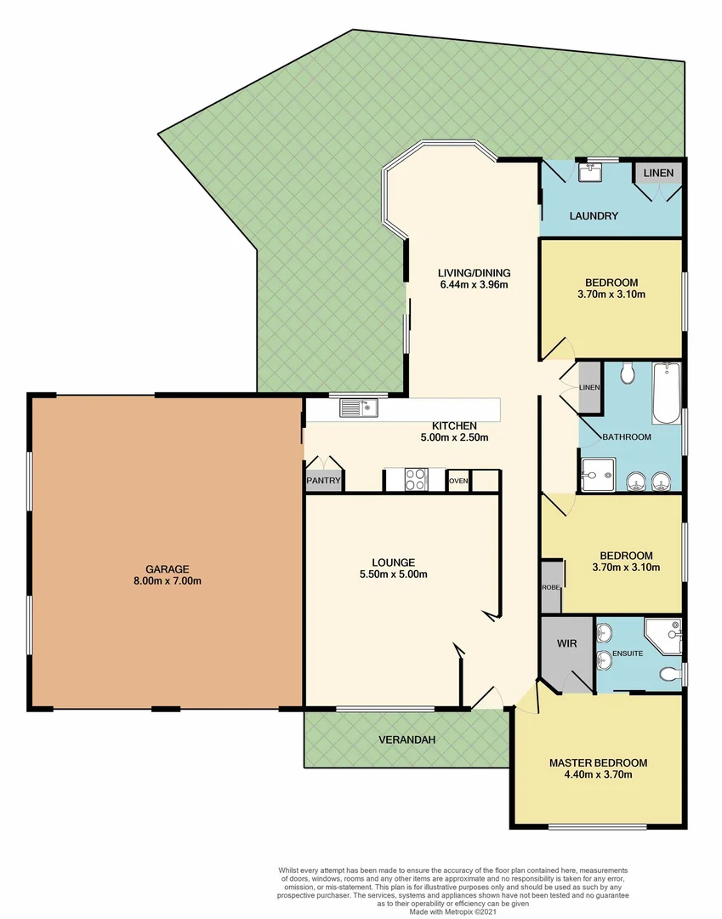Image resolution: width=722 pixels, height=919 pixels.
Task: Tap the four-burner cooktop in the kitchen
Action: [415, 480]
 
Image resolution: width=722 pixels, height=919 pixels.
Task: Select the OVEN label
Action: [458, 481]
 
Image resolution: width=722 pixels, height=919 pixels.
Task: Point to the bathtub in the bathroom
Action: [665, 392]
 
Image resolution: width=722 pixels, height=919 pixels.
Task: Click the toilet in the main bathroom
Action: [628, 373]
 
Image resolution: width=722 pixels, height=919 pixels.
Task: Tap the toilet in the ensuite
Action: [670, 675]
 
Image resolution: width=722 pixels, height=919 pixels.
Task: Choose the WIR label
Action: [567, 644]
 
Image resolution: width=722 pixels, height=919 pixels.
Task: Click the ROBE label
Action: [549, 587]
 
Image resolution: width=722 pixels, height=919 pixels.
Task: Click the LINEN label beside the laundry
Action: [658, 173]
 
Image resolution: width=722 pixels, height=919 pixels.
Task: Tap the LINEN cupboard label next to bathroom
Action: [589, 388]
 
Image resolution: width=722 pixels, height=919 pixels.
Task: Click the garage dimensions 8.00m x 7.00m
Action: [166, 581]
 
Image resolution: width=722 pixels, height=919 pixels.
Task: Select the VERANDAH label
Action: [406, 740]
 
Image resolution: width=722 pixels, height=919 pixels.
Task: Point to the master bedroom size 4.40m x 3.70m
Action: [597, 774]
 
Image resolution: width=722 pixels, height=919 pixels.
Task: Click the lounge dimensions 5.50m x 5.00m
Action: [393, 574]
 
